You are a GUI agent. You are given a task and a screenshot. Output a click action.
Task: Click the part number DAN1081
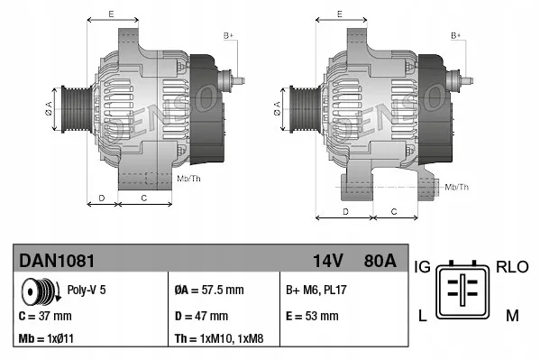[57, 261]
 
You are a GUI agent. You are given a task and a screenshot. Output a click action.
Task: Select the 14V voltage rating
[327, 261]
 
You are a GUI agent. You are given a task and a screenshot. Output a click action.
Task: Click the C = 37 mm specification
[45, 317]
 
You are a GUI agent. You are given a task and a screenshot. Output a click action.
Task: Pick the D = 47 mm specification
[201, 317]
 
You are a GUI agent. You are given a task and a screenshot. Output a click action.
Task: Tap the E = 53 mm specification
[311, 317]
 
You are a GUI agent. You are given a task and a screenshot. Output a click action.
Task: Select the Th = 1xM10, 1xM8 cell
[220, 340]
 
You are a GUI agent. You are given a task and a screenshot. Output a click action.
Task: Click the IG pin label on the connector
[423, 267]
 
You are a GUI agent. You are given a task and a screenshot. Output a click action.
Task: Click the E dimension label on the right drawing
[340, 14]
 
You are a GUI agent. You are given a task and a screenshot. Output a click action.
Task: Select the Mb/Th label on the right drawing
[457, 187]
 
